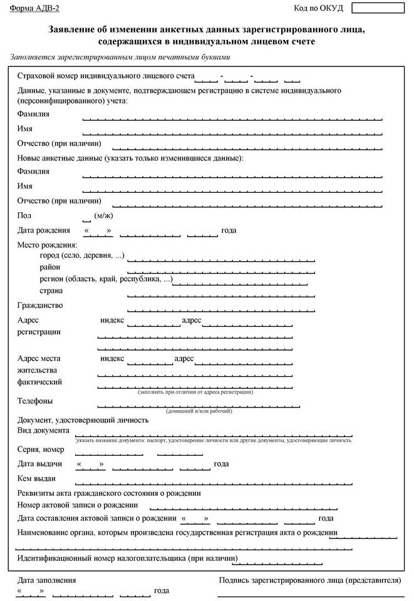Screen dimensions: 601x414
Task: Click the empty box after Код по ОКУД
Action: tap(378, 8)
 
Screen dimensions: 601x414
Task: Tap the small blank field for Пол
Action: tap(86, 216)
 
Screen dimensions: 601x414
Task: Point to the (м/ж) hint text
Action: tap(103, 215)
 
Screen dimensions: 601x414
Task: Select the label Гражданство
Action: tap(40, 306)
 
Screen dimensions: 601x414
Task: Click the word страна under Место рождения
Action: tap(51, 291)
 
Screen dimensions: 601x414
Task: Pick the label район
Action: tap(50, 267)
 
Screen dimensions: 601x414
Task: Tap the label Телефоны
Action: tap(35, 401)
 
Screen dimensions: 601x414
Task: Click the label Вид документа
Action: tap(43, 431)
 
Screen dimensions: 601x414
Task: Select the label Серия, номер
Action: tap(41, 449)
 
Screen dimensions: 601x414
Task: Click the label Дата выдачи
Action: tap(39, 464)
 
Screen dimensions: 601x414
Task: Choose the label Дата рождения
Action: tap(43, 230)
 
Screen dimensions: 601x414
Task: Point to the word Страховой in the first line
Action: tap(38, 76)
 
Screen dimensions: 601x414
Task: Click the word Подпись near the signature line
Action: tap(237, 580)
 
